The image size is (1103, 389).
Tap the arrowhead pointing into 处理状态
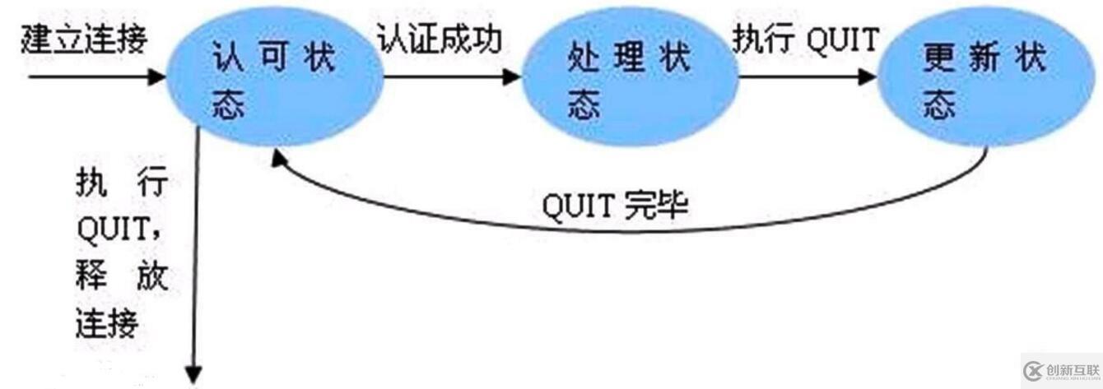tap(511, 80)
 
